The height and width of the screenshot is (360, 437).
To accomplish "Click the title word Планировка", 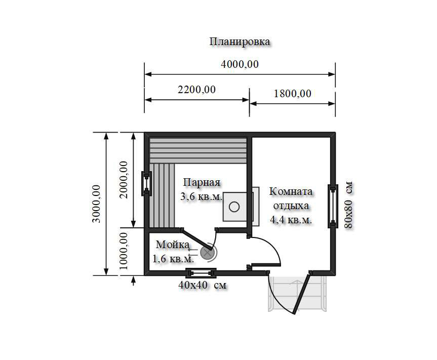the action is coord(240,42).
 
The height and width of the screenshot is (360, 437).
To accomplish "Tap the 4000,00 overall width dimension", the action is coord(240,64).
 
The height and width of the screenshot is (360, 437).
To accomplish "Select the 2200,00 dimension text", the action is coord(197,90).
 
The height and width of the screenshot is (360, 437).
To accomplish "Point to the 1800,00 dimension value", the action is coord(292,94).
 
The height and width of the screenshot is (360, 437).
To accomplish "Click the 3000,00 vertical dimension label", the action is coord(97,204).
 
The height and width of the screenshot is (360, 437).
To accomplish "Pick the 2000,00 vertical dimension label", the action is coord(124,180).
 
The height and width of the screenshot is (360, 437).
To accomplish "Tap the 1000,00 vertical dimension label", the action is coord(124,251).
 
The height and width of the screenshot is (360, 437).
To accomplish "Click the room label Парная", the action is coord(202,183).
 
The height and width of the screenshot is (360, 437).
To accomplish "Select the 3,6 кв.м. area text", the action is coord(201,197).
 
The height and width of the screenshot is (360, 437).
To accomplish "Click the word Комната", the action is coord(291,192).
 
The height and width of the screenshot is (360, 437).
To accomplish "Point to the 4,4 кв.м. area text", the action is coord(291,220).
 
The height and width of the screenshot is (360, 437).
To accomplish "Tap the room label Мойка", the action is coord(173,245).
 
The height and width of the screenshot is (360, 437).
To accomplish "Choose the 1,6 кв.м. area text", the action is coord(173,259).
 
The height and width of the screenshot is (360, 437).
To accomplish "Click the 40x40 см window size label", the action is coord(203,286).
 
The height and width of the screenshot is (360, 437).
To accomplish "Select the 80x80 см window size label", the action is coord(349,205).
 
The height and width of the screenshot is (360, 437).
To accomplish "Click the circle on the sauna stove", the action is coord(234,207).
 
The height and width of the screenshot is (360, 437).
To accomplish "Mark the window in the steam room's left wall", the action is coord(146,184).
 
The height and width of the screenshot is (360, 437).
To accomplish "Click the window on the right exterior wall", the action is coord(333,206).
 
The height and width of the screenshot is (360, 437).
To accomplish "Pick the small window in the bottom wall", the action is coord(201,273).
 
